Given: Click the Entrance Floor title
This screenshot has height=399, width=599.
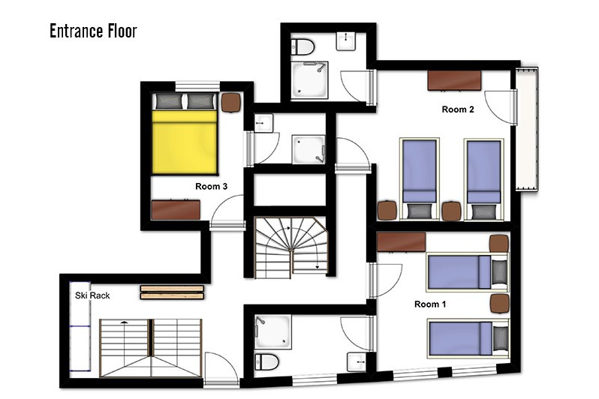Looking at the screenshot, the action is coord(93,31).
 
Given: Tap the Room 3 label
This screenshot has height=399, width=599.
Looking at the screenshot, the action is coord(211,186).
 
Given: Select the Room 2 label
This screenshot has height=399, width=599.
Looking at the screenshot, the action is coord(458,109).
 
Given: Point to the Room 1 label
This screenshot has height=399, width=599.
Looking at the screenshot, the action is coord(430,304).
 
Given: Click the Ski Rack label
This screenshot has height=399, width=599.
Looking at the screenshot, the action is coord(92,295).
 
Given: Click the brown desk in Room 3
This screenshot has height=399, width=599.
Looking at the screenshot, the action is coord(176,209).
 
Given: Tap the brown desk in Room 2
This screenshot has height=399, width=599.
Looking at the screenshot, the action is coord(454,80).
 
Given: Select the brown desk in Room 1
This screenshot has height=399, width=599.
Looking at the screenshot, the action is coord(401,242).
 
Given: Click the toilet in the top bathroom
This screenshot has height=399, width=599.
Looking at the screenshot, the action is coord(303,47).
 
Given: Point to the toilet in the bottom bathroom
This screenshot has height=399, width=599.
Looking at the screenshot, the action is coord(266,361).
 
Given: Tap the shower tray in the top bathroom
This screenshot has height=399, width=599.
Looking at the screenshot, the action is coord(309,80).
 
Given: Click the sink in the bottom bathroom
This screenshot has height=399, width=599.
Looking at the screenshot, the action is coord(357,361).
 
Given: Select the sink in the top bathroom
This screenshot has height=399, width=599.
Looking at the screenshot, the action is coord(346,41).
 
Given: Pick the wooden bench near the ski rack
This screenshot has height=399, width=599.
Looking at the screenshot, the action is coord(172,292).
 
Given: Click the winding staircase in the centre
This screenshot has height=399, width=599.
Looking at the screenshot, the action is coord(291,247).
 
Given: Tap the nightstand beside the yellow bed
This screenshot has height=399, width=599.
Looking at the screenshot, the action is coord(231,102).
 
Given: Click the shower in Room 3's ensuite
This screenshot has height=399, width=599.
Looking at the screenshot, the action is coord(309,149).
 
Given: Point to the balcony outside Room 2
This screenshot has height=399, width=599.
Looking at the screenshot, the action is coord(527,129).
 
